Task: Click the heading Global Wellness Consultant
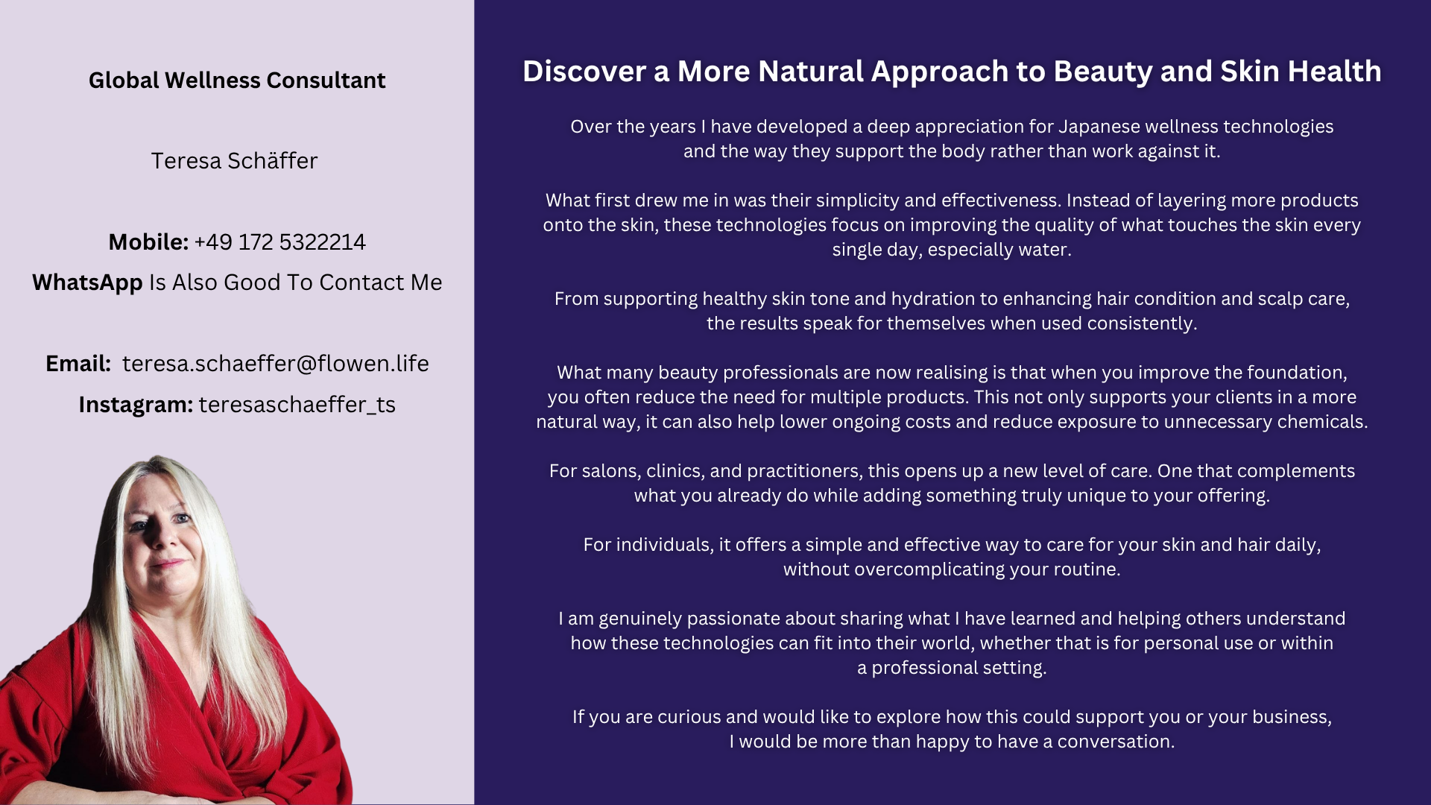coord(237,80)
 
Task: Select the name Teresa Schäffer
coord(234,161)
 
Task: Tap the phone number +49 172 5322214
coord(279,242)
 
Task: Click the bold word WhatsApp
coord(87,283)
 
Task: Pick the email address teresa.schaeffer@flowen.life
coord(276,364)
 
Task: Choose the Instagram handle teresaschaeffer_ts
coord(297,405)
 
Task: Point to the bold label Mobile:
coord(148,242)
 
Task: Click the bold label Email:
coord(78,364)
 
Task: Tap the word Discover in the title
coord(584,72)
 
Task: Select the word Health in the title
coord(1334,72)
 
